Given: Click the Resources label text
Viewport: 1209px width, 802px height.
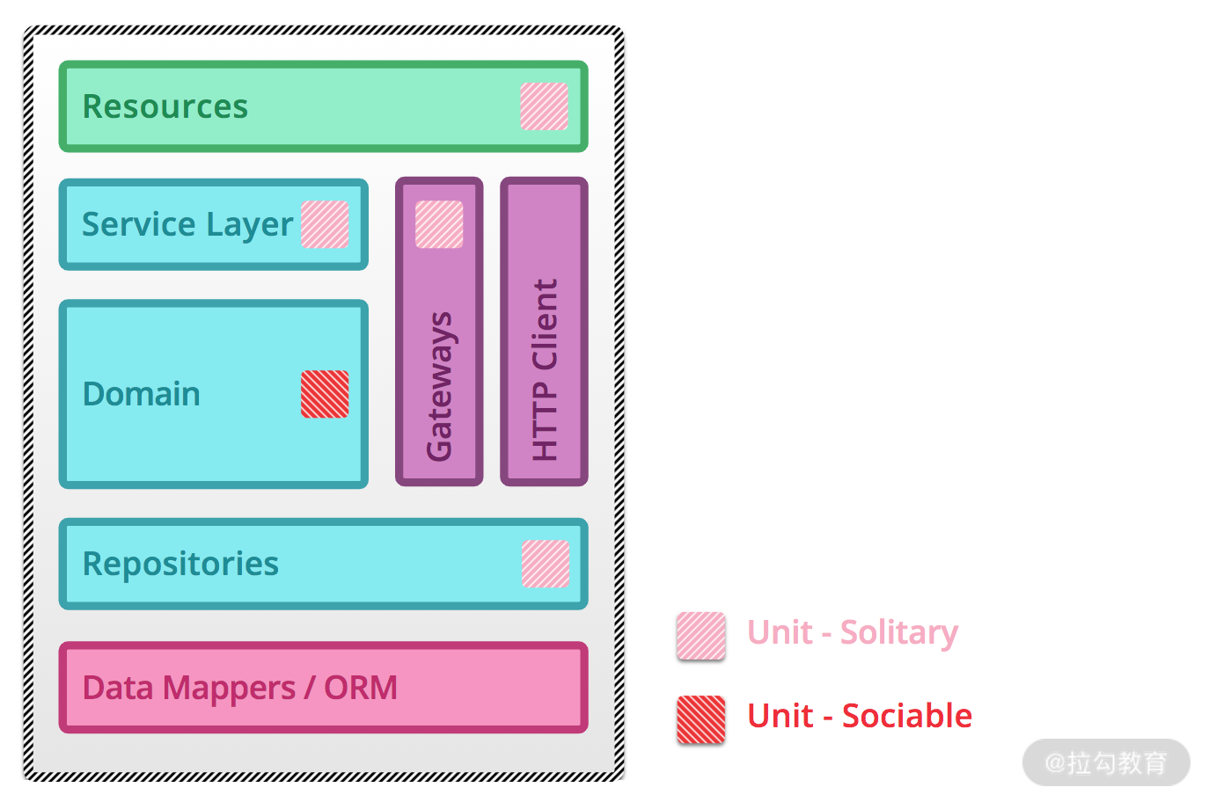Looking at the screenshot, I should point(165,106).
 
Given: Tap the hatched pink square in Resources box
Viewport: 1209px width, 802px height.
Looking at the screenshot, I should point(544,106).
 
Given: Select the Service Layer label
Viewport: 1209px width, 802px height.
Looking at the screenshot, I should point(187,224).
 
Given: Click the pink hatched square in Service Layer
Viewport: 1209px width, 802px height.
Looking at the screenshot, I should point(325,224).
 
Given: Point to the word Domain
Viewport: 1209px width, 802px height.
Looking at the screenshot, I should point(141,394).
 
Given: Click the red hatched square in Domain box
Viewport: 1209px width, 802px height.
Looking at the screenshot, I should point(325,394).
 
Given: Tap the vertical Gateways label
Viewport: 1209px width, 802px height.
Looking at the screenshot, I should point(439,386).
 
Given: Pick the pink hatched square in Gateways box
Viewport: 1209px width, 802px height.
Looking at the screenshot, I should point(439,224).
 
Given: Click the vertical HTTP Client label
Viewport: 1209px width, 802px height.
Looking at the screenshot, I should point(545,369).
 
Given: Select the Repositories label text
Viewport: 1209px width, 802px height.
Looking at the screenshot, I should point(180,564).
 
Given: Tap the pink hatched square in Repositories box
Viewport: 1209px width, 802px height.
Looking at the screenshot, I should point(546,564).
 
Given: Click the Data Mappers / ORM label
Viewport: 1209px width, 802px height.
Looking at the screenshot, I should point(239,688).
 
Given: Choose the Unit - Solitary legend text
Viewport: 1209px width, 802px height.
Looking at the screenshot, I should point(852,632).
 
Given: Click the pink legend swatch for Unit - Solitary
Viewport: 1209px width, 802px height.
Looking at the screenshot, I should point(701,636).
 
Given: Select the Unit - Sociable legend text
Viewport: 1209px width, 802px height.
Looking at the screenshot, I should point(859,716).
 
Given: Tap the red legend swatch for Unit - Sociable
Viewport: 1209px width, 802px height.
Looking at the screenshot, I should point(701,719).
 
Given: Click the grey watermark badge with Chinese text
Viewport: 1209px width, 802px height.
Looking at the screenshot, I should point(1105,762).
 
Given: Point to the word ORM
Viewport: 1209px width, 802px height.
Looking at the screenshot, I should point(361,688).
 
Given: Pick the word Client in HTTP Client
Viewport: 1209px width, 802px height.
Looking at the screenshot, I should point(545,324).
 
